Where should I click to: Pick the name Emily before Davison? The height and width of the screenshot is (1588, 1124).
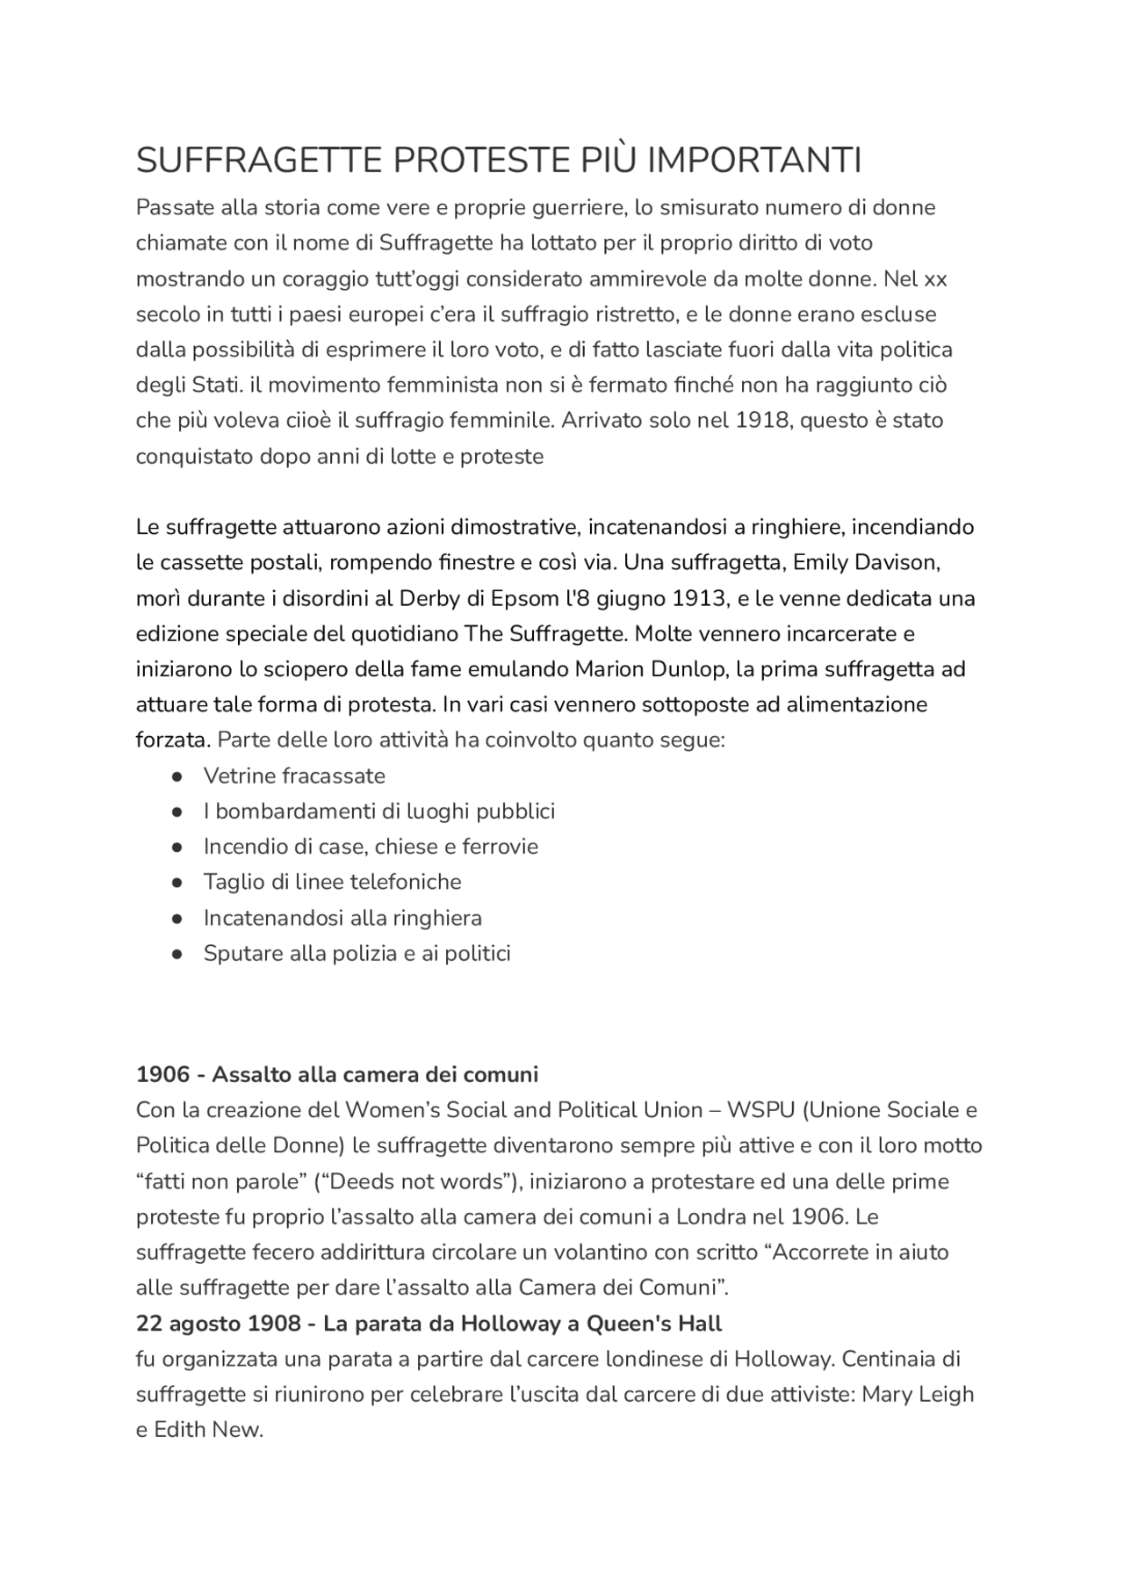[x=821, y=562]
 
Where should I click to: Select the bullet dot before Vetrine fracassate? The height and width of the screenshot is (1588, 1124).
[x=177, y=776]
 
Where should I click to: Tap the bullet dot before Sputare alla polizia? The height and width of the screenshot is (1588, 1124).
[x=177, y=954]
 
